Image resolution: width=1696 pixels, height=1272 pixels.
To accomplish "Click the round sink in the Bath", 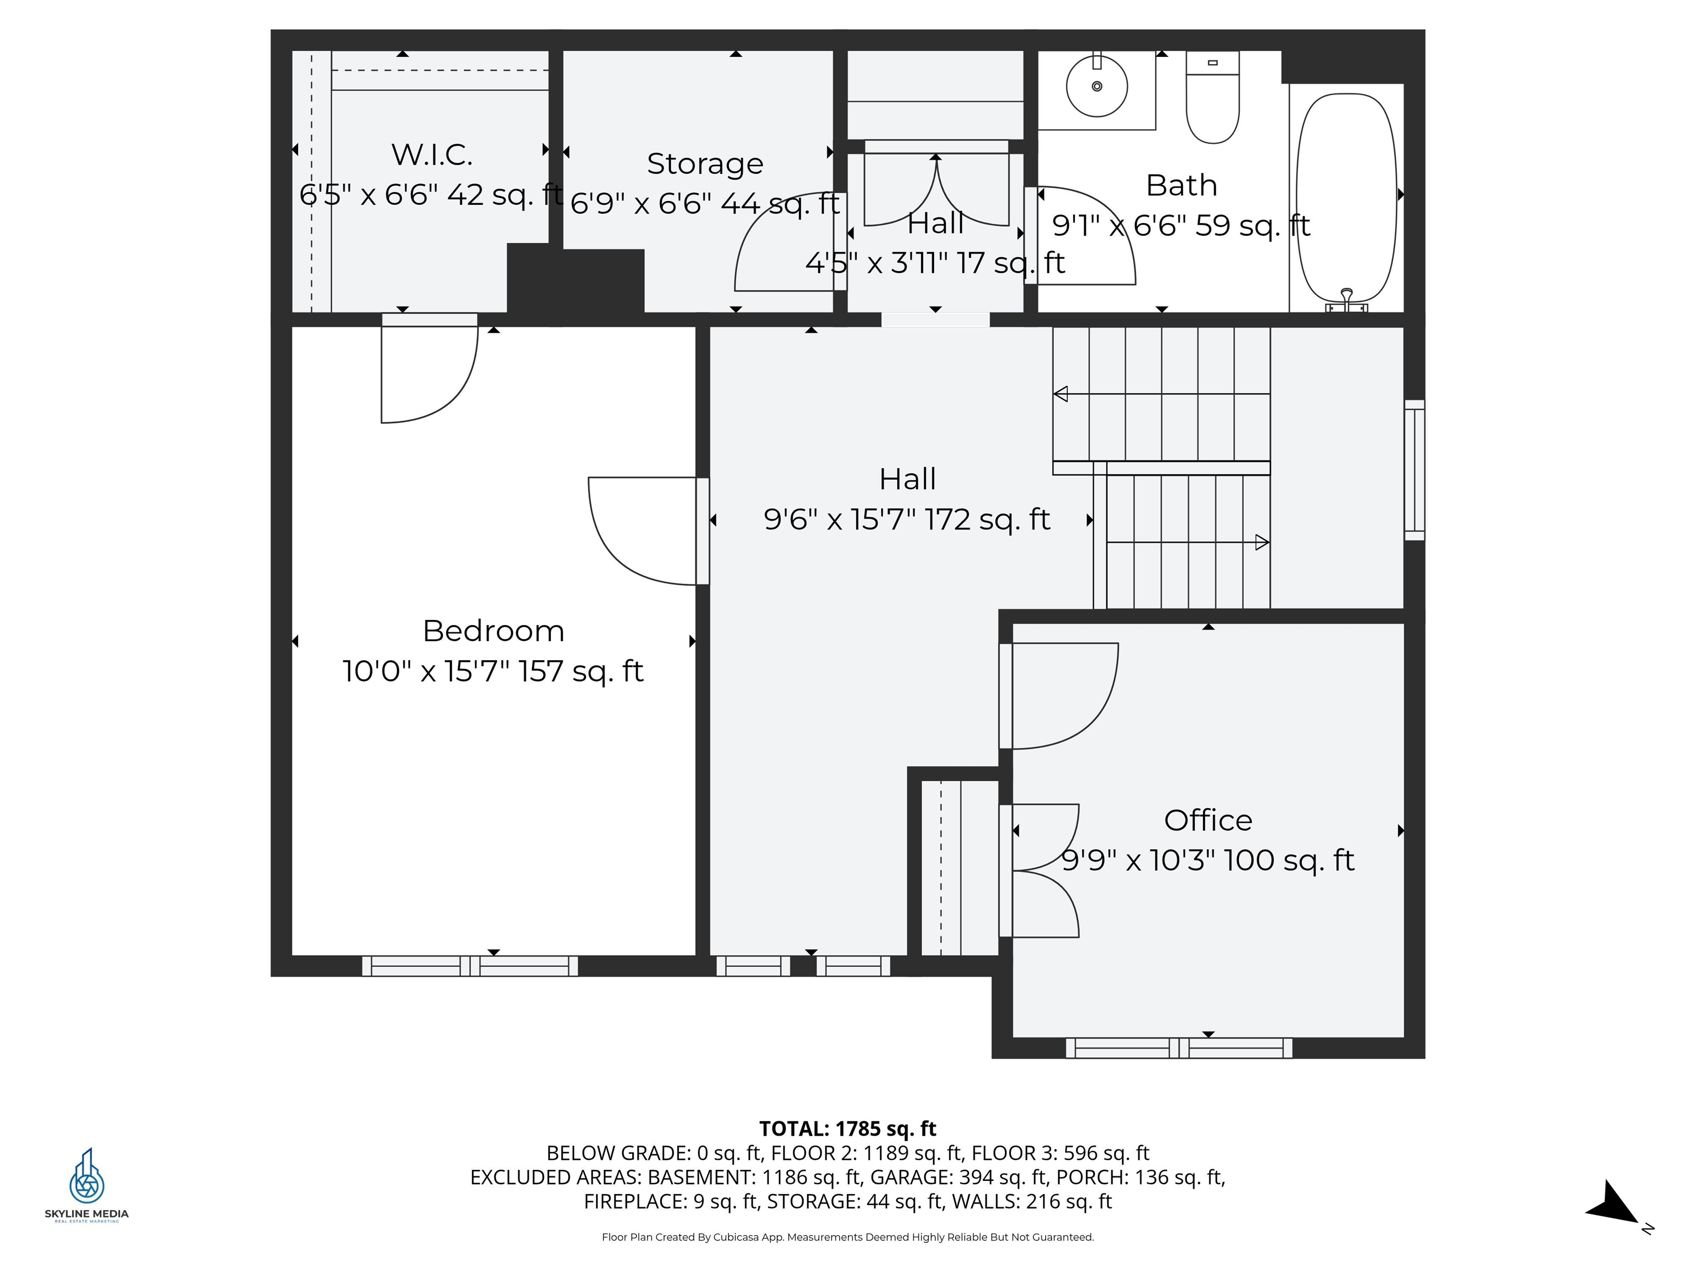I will (1096, 87).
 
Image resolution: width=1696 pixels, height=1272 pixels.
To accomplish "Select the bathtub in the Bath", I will (1345, 197).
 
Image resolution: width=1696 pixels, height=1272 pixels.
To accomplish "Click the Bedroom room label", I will (493, 631).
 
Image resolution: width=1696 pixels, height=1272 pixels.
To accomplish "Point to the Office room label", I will (1207, 820).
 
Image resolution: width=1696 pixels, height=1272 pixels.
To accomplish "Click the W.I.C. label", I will (432, 155).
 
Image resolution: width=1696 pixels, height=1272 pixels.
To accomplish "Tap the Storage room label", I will (704, 163).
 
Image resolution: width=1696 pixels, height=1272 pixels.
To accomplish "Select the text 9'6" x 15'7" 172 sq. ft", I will (907, 520).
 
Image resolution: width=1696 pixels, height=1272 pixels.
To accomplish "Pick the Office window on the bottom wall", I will (1179, 1047).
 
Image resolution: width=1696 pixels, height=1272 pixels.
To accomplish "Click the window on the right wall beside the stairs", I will (1414, 469).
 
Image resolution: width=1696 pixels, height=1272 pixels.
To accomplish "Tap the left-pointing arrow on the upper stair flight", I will (1061, 394).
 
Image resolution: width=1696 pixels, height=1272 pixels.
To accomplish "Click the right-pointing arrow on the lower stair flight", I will (1262, 543).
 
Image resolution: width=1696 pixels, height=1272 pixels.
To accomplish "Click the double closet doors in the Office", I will (1043, 870).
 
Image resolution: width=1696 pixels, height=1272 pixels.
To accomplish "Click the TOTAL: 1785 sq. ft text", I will (847, 1128).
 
